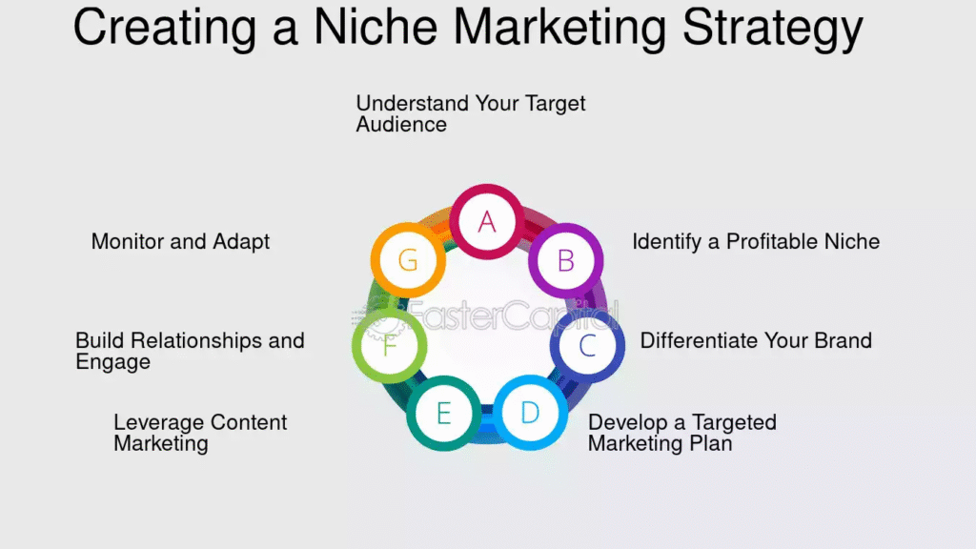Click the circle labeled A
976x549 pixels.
pos(487,221)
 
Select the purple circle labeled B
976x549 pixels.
pos(566,260)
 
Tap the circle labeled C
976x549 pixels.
pos(587,345)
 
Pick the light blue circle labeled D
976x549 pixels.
pos(530,412)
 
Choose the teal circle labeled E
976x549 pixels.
pos(444,413)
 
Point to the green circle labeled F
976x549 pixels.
pos(390,345)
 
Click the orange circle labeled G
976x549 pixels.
pos(408,260)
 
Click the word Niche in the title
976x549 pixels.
pos(376,28)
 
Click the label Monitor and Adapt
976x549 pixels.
pos(180,241)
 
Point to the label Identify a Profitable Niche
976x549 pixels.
pos(756,241)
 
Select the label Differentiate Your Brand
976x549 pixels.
pos(756,340)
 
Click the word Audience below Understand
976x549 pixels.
pos(401,125)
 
